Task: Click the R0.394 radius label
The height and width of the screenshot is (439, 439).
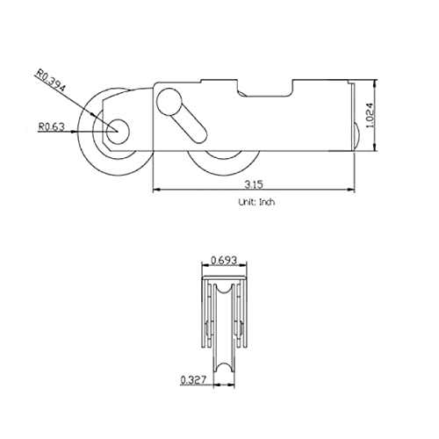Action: (50, 80)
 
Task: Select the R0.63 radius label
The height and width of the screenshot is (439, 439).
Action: (52, 126)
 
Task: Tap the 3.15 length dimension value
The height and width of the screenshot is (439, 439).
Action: (254, 184)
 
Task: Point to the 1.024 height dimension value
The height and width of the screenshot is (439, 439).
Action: (370, 115)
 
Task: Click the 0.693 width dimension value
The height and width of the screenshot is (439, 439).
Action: (224, 260)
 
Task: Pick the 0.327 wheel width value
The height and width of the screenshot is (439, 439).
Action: (193, 379)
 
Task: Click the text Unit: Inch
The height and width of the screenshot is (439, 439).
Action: (256, 202)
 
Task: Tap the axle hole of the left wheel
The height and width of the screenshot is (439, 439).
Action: (118, 132)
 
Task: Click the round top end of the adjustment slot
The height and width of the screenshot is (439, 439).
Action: (169, 102)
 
